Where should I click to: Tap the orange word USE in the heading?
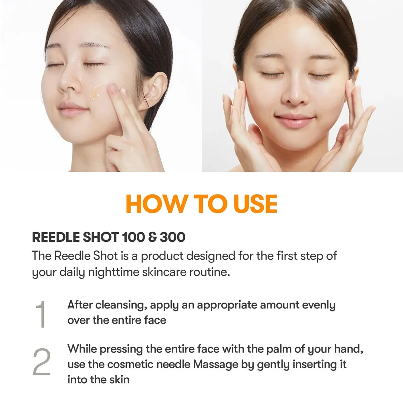pyautogui.click(x=255, y=203)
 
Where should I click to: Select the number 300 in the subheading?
pyautogui.click(x=172, y=237)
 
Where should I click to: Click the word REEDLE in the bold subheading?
pyautogui.click(x=56, y=237)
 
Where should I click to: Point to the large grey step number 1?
pyautogui.click(x=41, y=314)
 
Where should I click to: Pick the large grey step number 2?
pyautogui.click(x=42, y=362)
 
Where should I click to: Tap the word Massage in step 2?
pyautogui.click(x=216, y=365)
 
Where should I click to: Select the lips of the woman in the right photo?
pyautogui.click(x=294, y=121)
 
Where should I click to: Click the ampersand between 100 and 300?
pyautogui.click(x=152, y=237)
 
